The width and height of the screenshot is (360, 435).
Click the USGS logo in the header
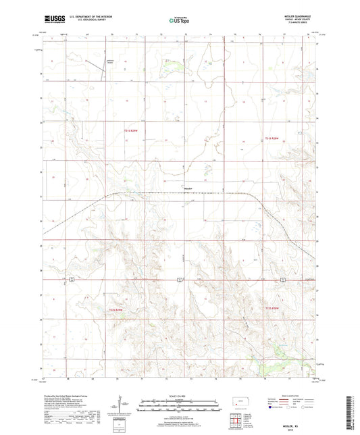[x=53, y=20]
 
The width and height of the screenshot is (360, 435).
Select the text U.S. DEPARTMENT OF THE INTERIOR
[x=94, y=18]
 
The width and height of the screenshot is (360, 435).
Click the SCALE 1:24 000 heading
[x=180, y=394]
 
